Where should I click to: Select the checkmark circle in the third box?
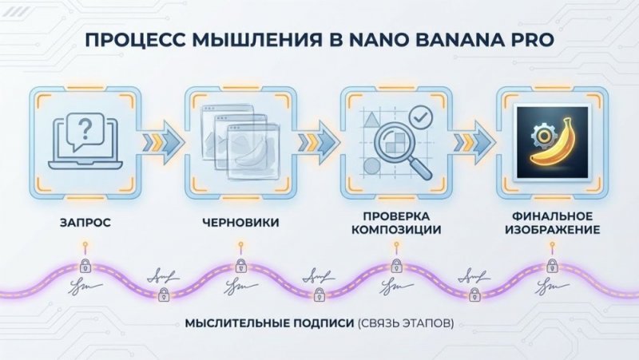click(420, 120)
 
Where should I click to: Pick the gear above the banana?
click(537, 128)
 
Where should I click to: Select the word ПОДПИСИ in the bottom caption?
click(311, 325)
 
